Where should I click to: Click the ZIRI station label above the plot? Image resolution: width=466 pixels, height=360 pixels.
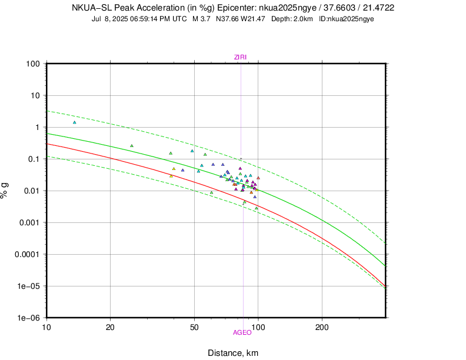click(x=241, y=56)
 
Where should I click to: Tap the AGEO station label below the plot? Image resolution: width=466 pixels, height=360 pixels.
click(x=242, y=332)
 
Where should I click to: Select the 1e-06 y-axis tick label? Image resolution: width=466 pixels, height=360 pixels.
click(x=28, y=318)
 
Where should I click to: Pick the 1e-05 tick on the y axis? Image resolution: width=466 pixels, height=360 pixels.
click(x=28, y=286)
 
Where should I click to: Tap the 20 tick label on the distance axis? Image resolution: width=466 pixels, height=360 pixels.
click(x=111, y=327)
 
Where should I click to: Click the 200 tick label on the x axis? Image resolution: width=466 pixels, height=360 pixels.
click(x=322, y=327)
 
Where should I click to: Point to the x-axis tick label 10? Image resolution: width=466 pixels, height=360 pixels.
click(x=46, y=327)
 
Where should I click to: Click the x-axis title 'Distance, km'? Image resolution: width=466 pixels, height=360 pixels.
click(x=233, y=353)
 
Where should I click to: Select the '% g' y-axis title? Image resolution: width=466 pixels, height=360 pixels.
click(x=5, y=191)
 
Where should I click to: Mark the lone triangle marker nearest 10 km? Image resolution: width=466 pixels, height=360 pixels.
click(x=75, y=122)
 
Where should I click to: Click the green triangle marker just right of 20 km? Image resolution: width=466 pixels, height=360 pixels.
click(x=132, y=146)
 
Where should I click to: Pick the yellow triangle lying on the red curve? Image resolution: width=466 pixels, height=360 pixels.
click(x=171, y=176)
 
